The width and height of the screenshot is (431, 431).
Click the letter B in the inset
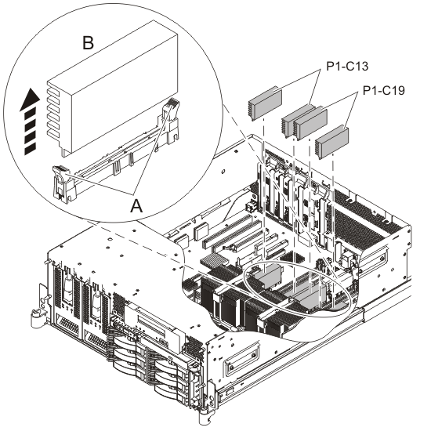click(x=88, y=43)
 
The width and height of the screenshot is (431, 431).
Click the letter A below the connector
click(x=136, y=206)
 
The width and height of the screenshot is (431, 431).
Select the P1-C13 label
click(x=347, y=67)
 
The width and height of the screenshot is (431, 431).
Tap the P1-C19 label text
click(x=384, y=90)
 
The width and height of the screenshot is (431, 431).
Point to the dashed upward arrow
click(x=30, y=121)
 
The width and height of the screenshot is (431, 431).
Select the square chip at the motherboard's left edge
click(x=201, y=232)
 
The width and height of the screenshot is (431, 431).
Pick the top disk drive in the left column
click(x=125, y=342)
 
